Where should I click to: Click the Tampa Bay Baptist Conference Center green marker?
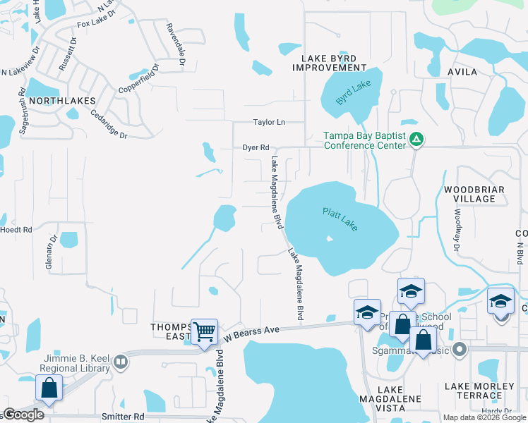[x=417, y=140]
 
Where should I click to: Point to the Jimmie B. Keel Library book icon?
[x=120, y=362]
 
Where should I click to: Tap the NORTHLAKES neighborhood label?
[x=62, y=101]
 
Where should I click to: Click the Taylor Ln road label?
[x=269, y=122]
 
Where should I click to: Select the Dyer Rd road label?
[x=256, y=147]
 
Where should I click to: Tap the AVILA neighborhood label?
[x=462, y=72]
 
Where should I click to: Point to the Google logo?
[x=23, y=415]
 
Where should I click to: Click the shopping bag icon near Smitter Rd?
[x=49, y=388]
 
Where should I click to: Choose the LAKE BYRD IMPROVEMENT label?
[x=330, y=62]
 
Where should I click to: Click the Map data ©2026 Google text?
[x=484, y=417]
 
